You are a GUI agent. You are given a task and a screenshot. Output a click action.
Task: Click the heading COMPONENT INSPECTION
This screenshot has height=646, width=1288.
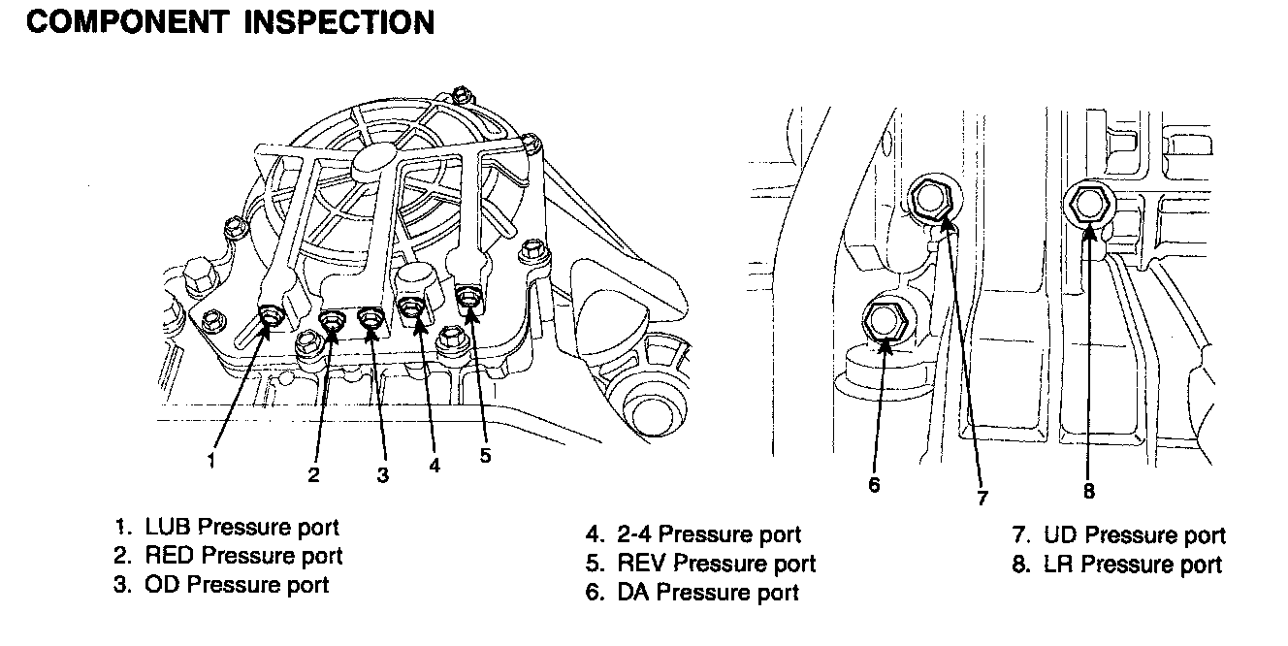(x=230, y=22)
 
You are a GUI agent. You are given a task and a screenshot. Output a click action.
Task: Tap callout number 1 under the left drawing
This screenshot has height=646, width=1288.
(x=210, y=461)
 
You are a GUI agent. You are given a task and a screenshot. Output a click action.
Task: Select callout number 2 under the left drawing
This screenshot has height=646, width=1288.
(x=313, y=474)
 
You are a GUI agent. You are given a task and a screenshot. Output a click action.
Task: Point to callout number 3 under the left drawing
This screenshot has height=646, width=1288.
(x=383, y=474)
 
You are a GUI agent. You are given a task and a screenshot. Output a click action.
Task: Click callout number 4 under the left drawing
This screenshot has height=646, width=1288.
(x=435, y=466)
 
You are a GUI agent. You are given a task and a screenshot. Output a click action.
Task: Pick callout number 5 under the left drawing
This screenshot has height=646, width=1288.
(x=485, y=455)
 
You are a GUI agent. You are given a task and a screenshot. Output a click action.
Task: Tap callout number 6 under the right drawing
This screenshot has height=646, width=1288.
(x=874, y=484)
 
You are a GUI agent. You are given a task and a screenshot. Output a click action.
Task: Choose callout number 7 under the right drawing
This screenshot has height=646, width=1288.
(x=982, y=499)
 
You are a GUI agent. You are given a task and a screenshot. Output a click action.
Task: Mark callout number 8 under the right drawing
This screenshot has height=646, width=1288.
(x=1089, y=492)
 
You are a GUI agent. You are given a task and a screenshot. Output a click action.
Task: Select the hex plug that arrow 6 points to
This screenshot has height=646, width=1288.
(x=884, y=321)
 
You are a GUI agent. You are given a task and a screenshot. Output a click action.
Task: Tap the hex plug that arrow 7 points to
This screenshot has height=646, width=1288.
(x=931, y=200)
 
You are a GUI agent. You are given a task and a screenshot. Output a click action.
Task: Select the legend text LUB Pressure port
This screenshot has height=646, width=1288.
(x=241, y=528)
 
